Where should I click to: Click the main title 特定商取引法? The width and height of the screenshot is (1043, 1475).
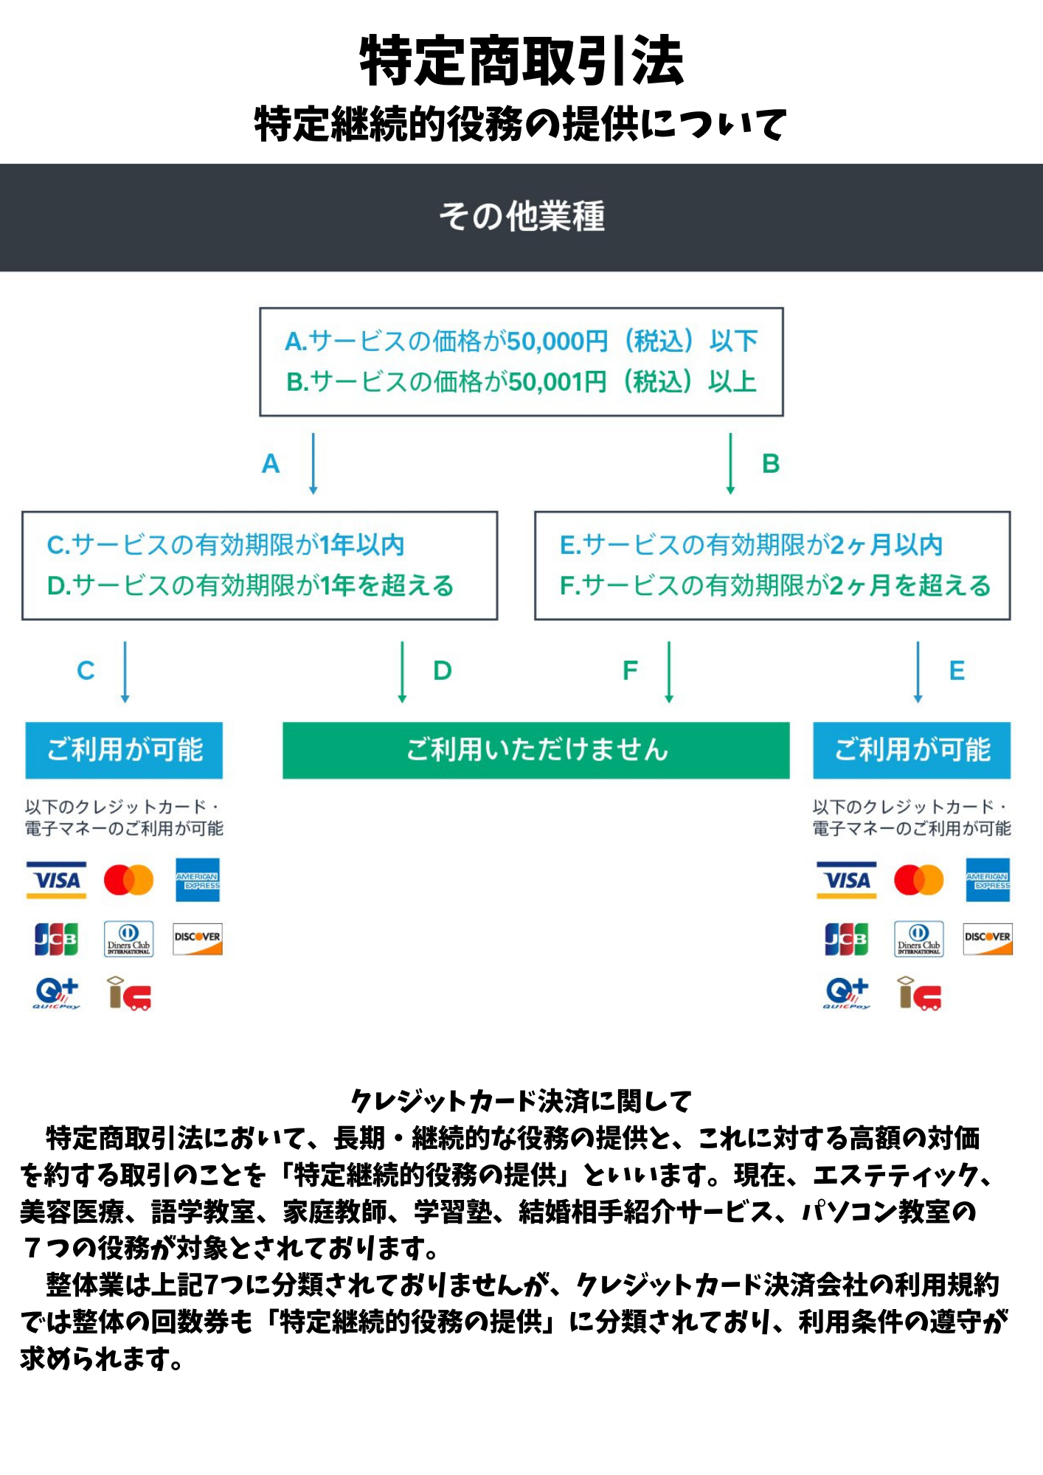pyautogui.click(x=521, y=60)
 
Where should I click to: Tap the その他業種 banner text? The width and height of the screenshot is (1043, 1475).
pyautogui.click(x=521, y=217)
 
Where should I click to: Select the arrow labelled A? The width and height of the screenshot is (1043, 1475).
pyautogui.click(x=313, y=463)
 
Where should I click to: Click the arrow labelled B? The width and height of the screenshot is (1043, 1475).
pyautogui.click(x=730, y=463)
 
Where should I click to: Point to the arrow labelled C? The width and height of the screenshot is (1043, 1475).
pyautogui.click(x=125, y=671)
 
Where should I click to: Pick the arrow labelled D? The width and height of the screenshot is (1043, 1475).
pyautogui.click(x=402, y=671)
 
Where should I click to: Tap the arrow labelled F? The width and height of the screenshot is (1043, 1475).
pyautogui.click(x=669, y=671)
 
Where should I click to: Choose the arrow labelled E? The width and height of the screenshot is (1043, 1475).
pyautogui.click(x=918, y=671)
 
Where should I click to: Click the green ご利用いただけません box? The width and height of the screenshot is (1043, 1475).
pyautogui.click(x=536, y=750)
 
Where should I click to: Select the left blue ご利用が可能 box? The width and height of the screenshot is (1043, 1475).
pyautogui.click(x=124, y=750)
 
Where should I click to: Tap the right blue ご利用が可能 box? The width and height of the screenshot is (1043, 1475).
pyautogui.click(x=912, y=750)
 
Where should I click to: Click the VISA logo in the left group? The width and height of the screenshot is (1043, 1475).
pyautogui.click(x=57, y=880)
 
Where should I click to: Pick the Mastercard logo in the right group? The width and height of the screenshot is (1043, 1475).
pyautogui.click(x=918, y=880)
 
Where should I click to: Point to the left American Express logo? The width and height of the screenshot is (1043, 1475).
pyautogui.click(x=198, y=880)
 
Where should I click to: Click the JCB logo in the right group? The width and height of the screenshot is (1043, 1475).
pyautogui.click(x=846, y=939)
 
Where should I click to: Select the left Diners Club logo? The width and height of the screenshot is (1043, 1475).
pyautogui.click(x=128, y=939)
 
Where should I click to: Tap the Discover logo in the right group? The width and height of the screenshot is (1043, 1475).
pyautogui.click(x=988, y=939)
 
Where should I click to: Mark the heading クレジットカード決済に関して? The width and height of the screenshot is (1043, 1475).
pyautogui.click(x=521, y=1101)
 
